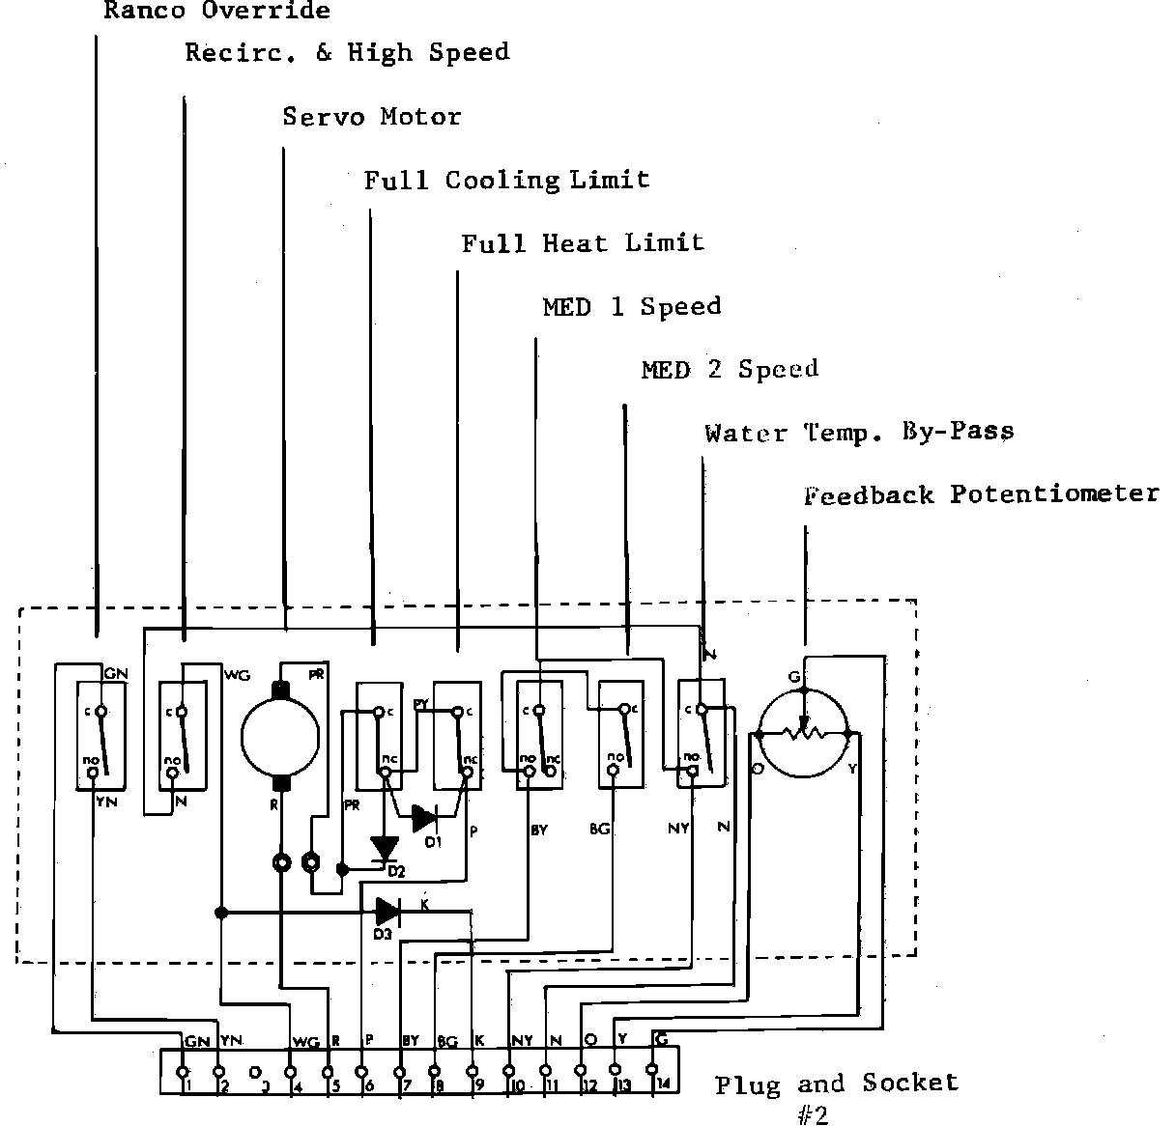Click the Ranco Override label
(216, 12)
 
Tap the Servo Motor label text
(371, 117)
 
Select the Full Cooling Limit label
(506, 181)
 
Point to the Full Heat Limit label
(583, 243)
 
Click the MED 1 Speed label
(631, 307)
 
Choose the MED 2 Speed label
(730, 370)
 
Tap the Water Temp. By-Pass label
(859, 433)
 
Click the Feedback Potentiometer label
(981, 494)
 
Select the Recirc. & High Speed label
(347, 52)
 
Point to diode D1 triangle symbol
(423, 819)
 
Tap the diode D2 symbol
(385, 849)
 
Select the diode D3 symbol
(387, 910)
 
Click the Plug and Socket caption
(837, 1084)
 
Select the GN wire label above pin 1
(196, 1042)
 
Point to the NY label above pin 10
(522, 1041)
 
